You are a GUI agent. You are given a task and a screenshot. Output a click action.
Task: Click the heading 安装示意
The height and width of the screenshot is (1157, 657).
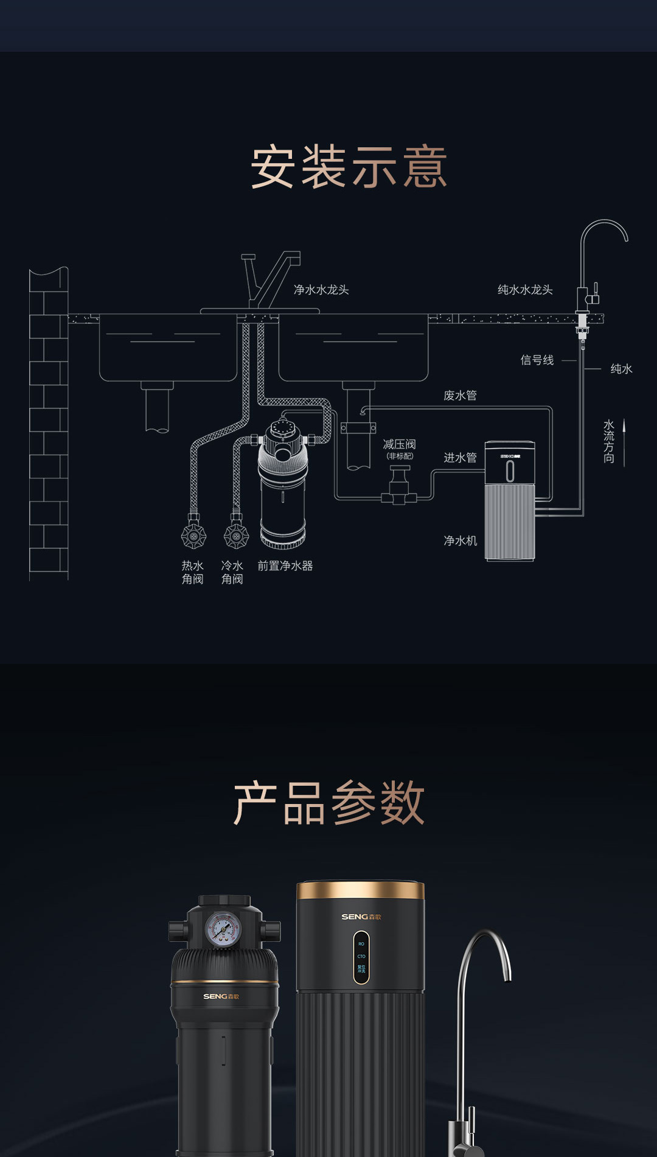point(349,167)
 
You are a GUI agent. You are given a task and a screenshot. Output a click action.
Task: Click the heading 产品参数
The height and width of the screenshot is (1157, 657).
point(328,803)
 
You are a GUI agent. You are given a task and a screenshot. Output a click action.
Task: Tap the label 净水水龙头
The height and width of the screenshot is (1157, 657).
point(321,290)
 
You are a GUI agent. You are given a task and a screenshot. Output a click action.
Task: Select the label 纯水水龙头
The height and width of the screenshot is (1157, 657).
point(525,290)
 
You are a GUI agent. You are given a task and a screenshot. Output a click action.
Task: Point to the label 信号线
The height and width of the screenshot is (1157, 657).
point(537,360)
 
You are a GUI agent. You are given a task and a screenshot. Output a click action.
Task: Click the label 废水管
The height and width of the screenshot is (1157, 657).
point(460,396)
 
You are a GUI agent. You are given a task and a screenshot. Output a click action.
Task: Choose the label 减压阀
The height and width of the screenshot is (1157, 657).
point(399,445)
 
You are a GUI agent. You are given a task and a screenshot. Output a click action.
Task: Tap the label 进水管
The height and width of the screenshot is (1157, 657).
point(460,458)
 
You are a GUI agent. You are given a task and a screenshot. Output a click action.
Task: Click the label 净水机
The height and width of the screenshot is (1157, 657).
point(460,540)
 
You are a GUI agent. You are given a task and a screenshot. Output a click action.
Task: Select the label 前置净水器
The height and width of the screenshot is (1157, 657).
point(285,566)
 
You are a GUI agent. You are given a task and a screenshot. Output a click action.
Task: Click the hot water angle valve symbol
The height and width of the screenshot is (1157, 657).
point(193,536)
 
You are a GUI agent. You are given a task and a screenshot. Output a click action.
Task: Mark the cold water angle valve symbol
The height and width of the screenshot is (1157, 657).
point(236,536)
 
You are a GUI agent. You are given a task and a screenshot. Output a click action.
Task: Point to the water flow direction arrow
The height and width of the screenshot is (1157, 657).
point(624,442)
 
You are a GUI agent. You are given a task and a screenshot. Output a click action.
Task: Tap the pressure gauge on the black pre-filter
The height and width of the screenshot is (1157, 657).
point(223,929)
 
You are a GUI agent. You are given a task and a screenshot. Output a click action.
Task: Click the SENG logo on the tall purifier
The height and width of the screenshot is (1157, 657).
point(361,917)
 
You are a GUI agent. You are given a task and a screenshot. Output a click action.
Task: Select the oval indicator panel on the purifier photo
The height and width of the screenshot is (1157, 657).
point(361,957)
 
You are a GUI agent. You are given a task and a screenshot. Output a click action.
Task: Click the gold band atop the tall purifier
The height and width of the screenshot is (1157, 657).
point(360,890)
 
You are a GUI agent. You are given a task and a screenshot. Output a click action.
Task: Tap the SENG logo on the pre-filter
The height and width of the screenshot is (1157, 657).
point(221,996)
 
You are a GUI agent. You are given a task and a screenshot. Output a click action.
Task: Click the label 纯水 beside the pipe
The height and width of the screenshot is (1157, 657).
point(621,369)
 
